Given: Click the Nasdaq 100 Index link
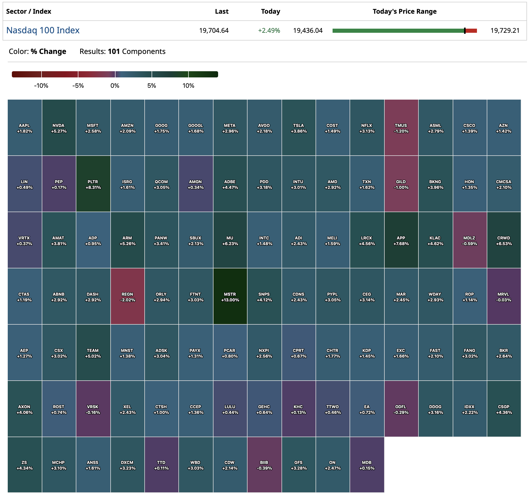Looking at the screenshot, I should pos(43,30).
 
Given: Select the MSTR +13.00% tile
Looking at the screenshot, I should pos(230,296).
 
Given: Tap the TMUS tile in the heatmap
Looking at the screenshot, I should pos(401,128).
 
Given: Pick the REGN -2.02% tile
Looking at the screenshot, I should pos(127,296).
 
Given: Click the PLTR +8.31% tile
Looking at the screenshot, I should pos(93,184).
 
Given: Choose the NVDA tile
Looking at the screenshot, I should pos(59,128).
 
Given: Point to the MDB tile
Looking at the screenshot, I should pos(367,465).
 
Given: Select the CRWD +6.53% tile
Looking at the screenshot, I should pos(504,241).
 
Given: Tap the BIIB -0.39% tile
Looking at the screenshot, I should pos(264,465).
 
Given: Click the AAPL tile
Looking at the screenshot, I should pos(24,128).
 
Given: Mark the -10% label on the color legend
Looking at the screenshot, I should pos(41,86).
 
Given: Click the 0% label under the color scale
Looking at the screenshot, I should pos(115,86).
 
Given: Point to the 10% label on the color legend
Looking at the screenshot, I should pos(188,86).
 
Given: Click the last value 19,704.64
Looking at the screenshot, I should pos(214,30).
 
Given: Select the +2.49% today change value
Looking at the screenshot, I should pos(269,30).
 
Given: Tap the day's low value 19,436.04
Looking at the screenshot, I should pos(308,30).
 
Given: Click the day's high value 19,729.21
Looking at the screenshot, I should pos(505,30).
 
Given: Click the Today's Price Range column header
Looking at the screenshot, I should pos(405,11).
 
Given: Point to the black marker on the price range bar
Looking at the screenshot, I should pos(465,30).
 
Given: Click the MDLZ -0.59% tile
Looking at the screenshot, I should pos(469,241).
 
